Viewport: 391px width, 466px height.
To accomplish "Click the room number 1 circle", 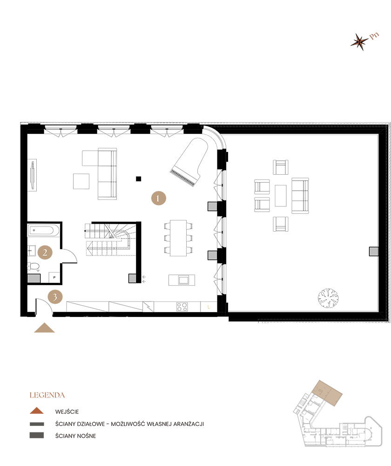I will [x=158, y=198].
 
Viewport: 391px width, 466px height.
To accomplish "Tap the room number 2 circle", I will [x=45, y=253].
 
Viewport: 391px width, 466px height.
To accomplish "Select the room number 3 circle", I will [x=55, y=296].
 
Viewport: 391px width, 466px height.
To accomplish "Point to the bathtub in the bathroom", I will [x=43, y=230].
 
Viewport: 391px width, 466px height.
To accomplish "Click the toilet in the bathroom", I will [x=34, y=267].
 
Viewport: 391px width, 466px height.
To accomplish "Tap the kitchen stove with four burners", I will [x=182, y=307].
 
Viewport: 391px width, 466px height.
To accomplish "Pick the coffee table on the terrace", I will [x=281, y=196].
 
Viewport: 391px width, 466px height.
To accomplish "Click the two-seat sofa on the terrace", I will [x=300, y=195].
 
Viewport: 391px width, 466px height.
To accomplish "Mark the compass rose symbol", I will [x=359, y=42].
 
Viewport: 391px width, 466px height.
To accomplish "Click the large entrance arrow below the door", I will [x=44, y=328].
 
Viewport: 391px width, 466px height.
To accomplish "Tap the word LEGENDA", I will [x=47, y=396].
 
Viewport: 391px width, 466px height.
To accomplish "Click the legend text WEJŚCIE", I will [x=67, y=411].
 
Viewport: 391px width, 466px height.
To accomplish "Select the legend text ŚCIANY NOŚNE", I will [x=75, y=436].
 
